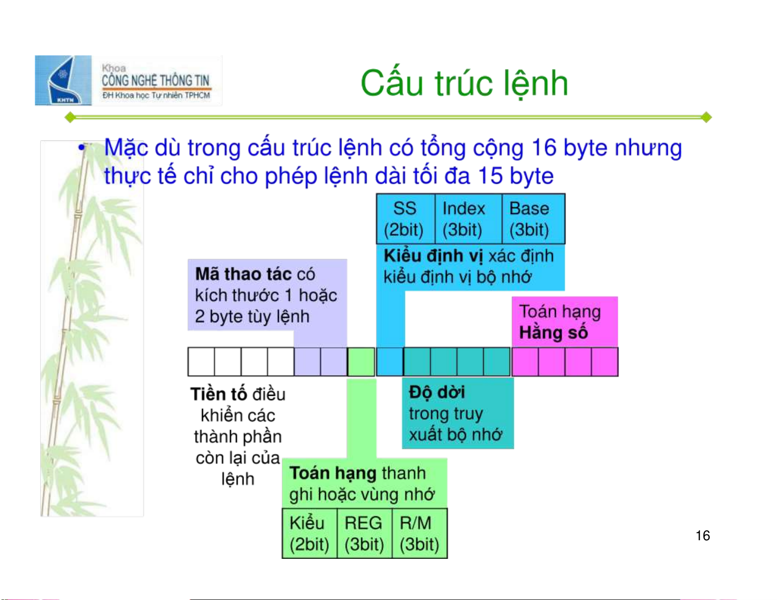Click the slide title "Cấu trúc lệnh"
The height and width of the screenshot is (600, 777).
464,83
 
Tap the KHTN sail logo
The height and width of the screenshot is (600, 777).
63,80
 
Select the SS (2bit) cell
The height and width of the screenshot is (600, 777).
405,219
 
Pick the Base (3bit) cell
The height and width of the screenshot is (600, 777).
533,219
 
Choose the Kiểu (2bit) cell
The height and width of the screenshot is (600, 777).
310,533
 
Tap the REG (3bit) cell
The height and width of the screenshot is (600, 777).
365,533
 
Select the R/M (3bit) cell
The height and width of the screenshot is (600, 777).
420,533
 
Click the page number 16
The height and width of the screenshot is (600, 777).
702,536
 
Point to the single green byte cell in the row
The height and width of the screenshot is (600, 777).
361,362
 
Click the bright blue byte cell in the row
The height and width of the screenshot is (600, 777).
390,362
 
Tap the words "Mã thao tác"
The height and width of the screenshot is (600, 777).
243,274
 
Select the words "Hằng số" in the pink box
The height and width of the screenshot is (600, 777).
553,332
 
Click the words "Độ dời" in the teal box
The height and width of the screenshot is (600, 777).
437,392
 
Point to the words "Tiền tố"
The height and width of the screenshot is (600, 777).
219,394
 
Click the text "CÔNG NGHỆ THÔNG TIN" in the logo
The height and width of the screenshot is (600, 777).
155,81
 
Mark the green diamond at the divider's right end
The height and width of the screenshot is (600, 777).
706,117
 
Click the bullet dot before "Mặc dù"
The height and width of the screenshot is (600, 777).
82,147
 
